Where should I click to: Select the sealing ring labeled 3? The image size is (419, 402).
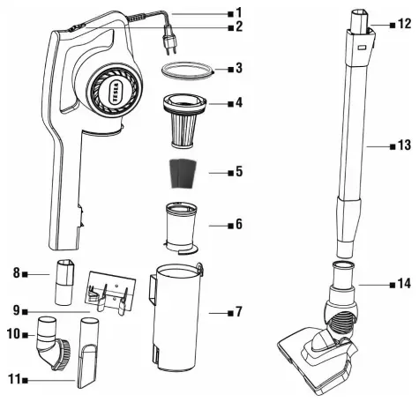188,70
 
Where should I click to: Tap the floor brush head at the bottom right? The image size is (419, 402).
317,357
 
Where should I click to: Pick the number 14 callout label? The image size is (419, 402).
402,284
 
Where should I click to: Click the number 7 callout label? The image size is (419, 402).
234,313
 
